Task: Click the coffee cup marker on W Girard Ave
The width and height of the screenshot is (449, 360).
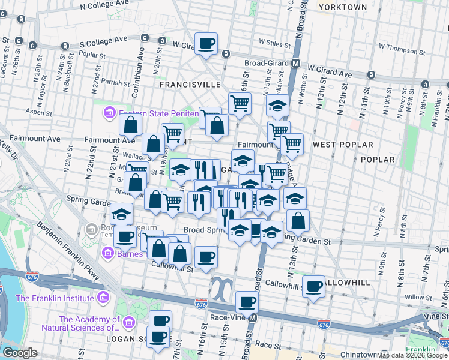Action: (206, 44)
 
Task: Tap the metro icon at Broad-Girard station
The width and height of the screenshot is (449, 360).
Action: (296, 63)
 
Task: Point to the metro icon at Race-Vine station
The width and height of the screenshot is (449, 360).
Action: (253, 317)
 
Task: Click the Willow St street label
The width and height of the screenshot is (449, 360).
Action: (414, 296)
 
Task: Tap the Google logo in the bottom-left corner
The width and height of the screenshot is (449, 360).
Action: (20, 353)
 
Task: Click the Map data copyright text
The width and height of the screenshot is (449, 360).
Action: (412, 355)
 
